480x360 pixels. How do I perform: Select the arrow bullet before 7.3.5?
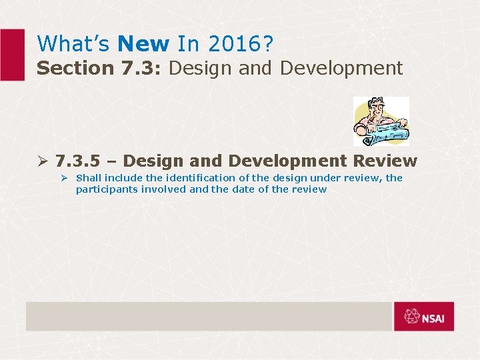click(42, 161)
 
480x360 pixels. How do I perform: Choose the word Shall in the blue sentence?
click(89, 178)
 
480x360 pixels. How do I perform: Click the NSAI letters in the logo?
click(437, 317)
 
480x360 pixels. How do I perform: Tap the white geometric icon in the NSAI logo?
click(409, 317)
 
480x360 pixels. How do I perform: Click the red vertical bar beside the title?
click(11, 55)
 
